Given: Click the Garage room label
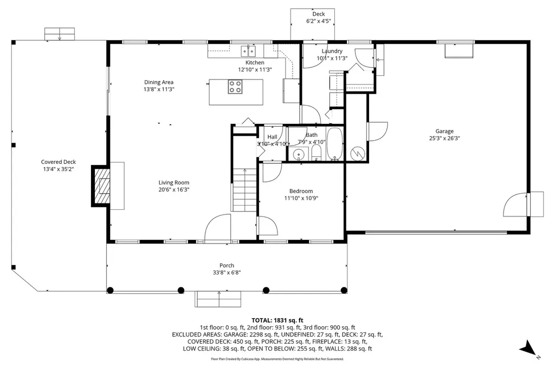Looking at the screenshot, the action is (x=444, y=131).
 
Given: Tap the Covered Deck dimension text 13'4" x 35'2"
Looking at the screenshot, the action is (x=59, y=169).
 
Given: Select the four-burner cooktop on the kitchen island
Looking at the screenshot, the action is (x=235, y=87).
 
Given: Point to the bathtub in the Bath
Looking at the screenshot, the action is (x=334, y=144).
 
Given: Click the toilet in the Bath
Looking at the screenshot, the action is (x=316, y=153).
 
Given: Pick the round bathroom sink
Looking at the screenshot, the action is (x=299, y=154).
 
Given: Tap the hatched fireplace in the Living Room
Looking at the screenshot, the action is (x=101, y=186).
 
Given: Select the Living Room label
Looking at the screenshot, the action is (x=174, y=182).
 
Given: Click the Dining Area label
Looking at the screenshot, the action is (x=159, y=82).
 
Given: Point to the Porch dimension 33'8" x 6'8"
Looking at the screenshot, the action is (x=227, y=273).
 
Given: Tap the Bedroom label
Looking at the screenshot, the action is (x=301, y=191).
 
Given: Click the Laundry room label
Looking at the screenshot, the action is (x=332, y=51).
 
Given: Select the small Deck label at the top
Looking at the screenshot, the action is (x=319, y=14).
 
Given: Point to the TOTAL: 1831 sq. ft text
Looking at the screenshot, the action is (x=277, y=321).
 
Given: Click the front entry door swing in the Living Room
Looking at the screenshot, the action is (x=218, y=228).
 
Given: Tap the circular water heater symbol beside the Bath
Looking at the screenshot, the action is (x=357, y=154).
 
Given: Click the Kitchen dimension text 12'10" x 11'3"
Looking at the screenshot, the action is (x=255, y=70).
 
